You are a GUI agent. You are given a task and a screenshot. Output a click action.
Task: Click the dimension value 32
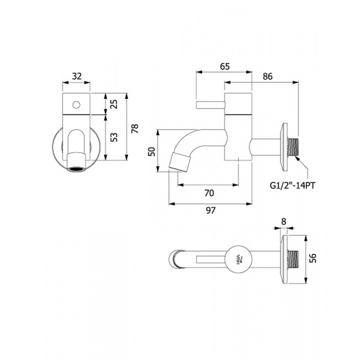click(x=77, y=76)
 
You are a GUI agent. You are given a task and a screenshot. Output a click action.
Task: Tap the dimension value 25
click(x=115, y=104)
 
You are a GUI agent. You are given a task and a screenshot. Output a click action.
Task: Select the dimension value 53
click(x=115, y=137)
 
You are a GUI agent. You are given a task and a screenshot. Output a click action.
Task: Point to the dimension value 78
click(x=135, y=128)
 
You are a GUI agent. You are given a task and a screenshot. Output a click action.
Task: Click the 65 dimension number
click(x=224, y=67)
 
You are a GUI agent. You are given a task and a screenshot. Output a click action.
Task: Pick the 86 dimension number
click(x=268, y=76)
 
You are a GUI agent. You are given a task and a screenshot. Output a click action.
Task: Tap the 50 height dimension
click(x=152, y=152)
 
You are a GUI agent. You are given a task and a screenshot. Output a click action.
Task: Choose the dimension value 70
click(x=209, y=193)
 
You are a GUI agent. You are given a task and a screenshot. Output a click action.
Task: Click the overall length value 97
click(x=211, y=211)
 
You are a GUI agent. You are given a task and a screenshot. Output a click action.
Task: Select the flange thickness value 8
click(x=284, y=222)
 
